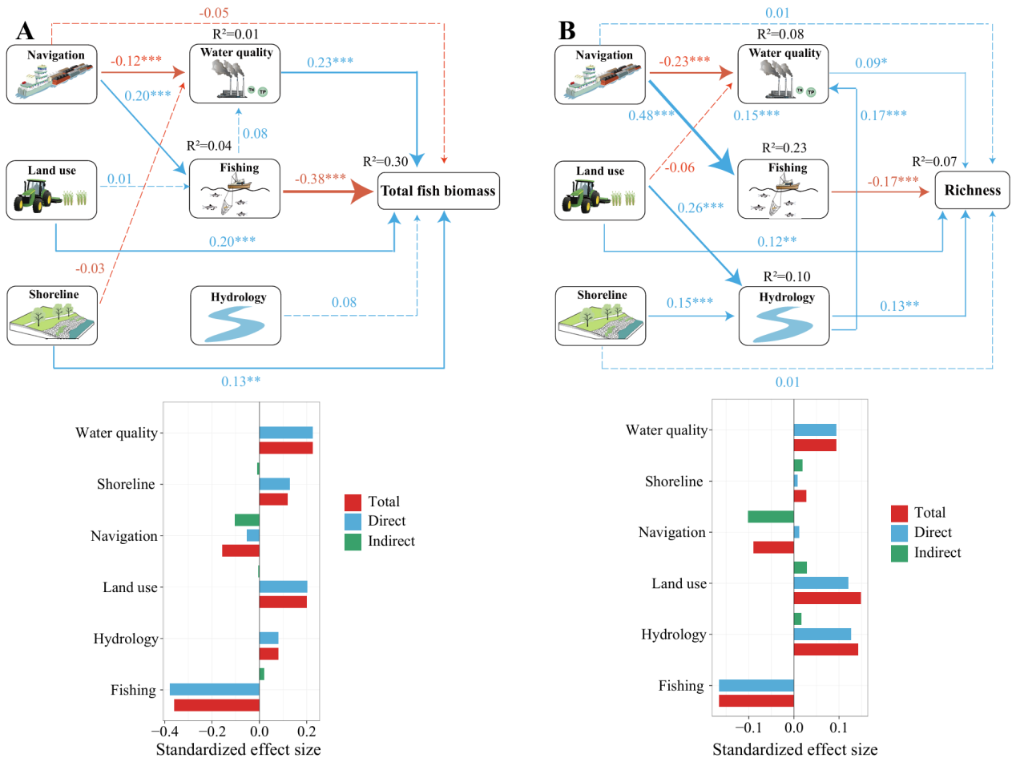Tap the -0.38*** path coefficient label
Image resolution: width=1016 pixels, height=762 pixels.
pos(321,179)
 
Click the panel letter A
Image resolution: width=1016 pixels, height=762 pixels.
pos(26,32)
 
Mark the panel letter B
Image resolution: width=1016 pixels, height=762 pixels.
pos(566,32)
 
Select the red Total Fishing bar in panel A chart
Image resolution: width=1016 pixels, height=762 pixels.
pos(216,705)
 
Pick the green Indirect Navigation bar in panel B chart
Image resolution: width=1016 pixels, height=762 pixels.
pos(770,516)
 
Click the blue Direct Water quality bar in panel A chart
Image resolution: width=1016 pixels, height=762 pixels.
pos(286,433)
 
